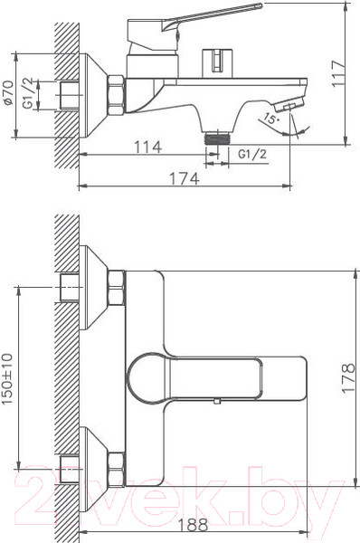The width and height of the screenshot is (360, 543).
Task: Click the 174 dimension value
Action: point(184,178)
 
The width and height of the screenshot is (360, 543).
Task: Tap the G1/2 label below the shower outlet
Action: point(252,155)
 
